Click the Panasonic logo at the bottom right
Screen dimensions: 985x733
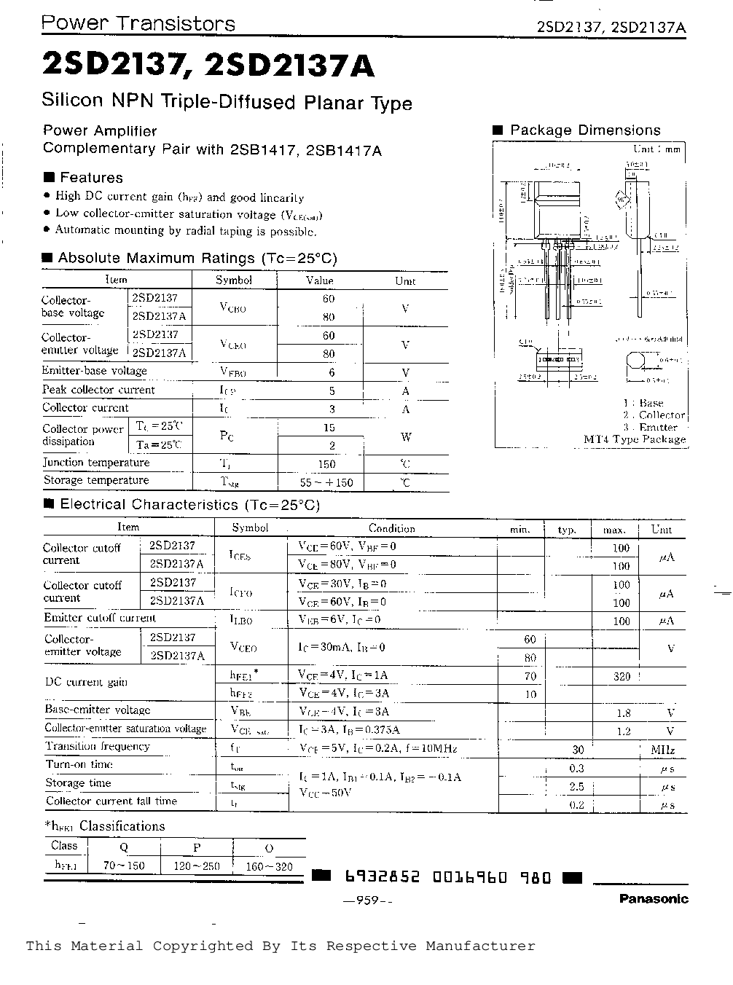(x=654, y=899)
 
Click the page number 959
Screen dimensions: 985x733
(x=368, y=900)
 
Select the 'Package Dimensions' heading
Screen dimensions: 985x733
(x=585, y=130)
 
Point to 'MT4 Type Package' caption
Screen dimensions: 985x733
(x=635, y=439)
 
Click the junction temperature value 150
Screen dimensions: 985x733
(x=326, y=464)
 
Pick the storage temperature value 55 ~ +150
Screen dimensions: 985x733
(x=326, y=482)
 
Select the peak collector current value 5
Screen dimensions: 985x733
(x=332, y=390)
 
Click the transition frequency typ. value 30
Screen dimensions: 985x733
(x=578, y=750)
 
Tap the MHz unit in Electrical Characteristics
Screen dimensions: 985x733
(x=662, y=750)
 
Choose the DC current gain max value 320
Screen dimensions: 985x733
(x=622, y=676)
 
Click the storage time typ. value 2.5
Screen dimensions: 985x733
(x=576, y=787)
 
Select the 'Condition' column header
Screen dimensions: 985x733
(x=391, y=529)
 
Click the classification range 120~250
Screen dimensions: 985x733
(x=197, y=866)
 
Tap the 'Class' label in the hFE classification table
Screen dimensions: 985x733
(x=64, y=846)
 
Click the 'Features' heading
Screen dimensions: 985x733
(x=91, y=178)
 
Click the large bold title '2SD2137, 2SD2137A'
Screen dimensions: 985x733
(x=208, y=66)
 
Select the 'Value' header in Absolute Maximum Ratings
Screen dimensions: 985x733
(x=319, y=280)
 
